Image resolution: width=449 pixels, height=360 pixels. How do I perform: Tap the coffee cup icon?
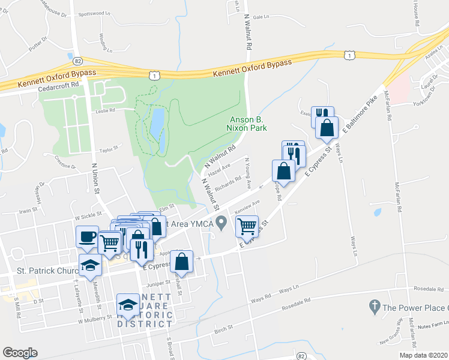click(x=88, y=236)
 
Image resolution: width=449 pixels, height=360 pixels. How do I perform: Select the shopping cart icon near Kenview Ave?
click(x=247, y=226)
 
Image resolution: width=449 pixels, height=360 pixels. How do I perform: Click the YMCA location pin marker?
click(x=222, y=223)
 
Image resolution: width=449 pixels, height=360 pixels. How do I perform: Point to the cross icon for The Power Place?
click(x=373, y=307)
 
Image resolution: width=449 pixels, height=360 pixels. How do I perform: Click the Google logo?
click(x=20, y=353)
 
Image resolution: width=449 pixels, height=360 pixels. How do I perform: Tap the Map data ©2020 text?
click(x=423, y=355)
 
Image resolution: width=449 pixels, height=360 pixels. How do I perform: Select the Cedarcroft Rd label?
click(x=58, y=86)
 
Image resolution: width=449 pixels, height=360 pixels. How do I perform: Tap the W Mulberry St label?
click(x=96, y=319)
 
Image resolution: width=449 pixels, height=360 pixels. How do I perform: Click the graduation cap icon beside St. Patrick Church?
click(x=91, y=265)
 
